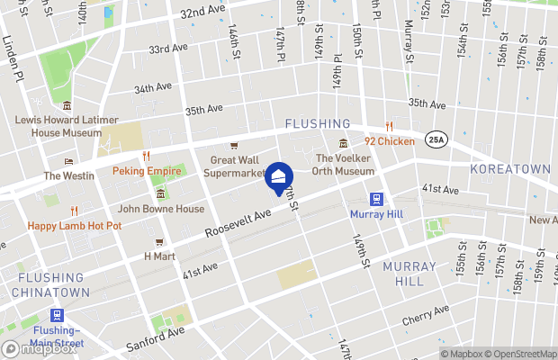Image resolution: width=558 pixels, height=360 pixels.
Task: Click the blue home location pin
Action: point(278,176)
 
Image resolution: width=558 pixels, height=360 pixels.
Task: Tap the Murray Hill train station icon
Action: point(376,199)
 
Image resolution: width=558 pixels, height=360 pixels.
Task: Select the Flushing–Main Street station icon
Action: point(58,315)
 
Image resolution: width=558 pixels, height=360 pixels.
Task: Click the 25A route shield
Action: point(436,139)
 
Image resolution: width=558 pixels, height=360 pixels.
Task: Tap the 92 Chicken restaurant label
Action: point(390,141)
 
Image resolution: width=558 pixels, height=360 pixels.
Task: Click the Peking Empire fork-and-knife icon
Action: point(145,156)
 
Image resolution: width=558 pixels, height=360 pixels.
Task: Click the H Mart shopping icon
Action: point(158,241)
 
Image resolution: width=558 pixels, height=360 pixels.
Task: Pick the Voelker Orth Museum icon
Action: point(343,144)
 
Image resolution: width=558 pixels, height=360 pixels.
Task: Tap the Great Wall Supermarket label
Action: point(237,166)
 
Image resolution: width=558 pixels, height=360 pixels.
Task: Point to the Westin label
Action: point(68,175)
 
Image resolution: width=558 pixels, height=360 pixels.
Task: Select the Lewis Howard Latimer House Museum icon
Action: point(67,106)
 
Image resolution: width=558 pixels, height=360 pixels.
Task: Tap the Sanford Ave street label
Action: point(156,337)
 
